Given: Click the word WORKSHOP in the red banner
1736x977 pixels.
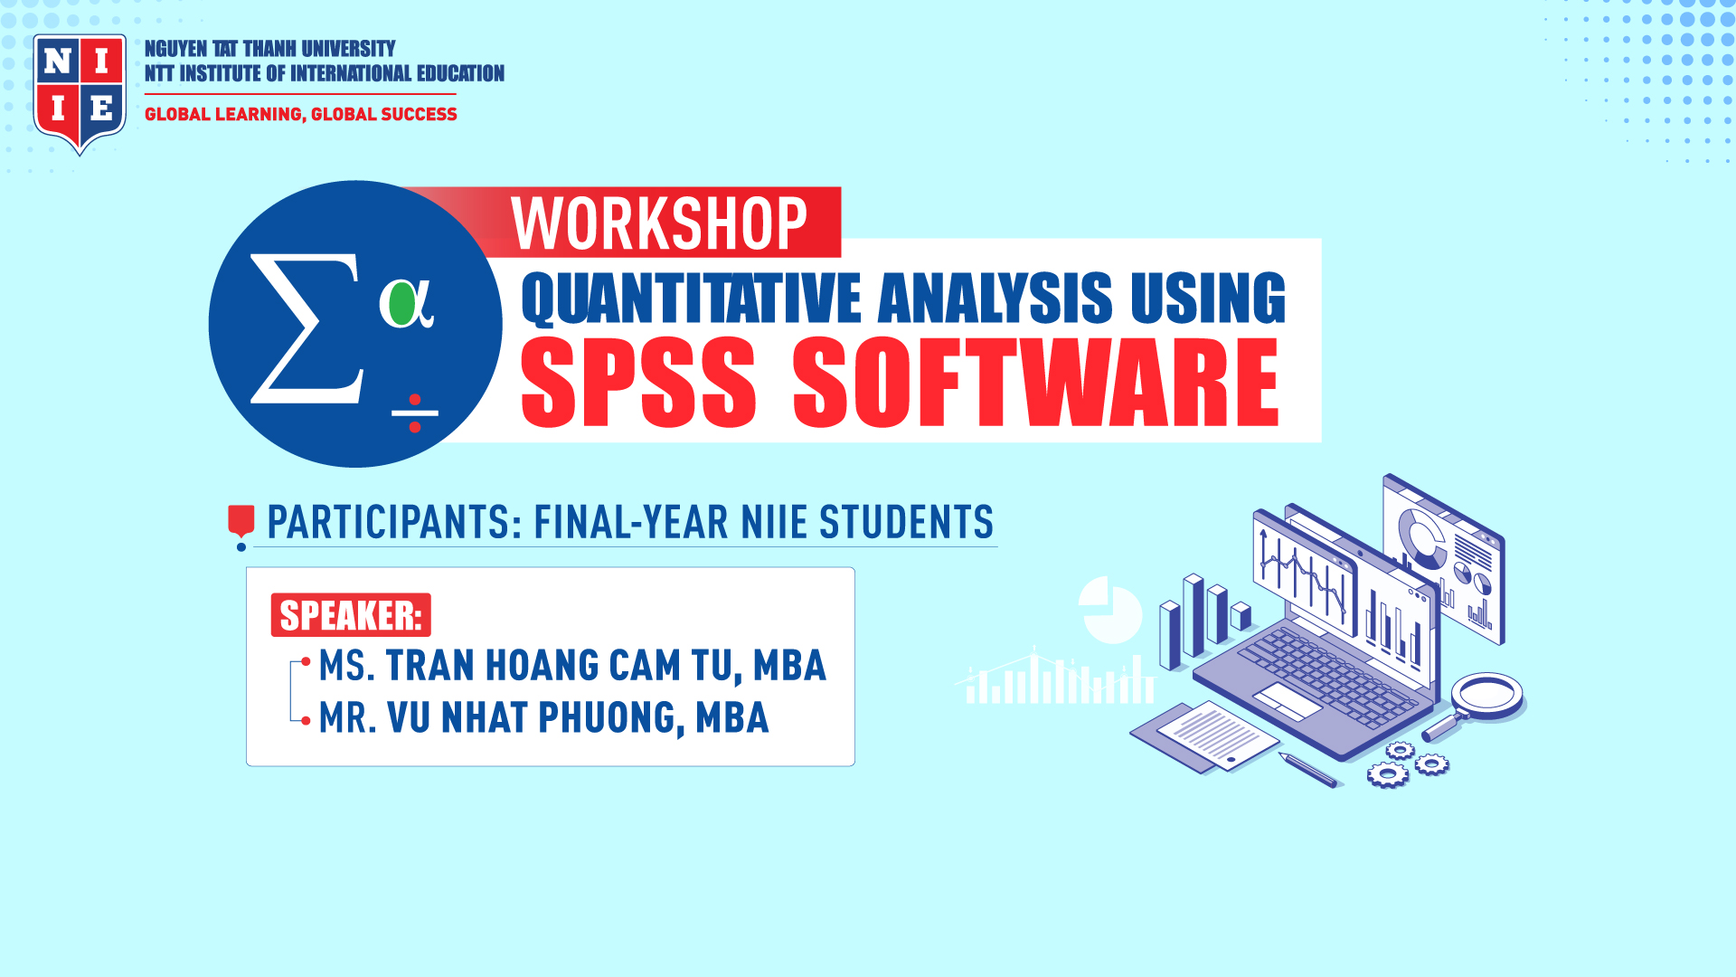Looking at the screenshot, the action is click(x=659, y=223).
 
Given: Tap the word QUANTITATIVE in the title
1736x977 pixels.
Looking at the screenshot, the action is click(x=692, y=299).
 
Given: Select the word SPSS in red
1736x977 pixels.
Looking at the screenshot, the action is click(x=638, y=381).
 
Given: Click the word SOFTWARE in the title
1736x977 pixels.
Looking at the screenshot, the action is click(x=1036, y=381).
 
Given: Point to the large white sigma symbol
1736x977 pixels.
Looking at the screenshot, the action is click(x=306, y=328).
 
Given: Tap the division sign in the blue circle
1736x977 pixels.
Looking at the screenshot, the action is click(x=415, y=413).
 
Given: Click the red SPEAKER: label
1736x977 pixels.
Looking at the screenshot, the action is click(x=351, y=615).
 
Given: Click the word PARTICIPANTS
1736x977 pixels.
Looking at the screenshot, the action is click(x=393, y=523).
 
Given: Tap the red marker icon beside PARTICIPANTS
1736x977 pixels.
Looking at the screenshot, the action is click(x=241, y=526).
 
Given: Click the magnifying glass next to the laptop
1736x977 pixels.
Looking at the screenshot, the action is click(x=1477, y=706).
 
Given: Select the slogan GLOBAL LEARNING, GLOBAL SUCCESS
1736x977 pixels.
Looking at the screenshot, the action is click(x=301, y=114).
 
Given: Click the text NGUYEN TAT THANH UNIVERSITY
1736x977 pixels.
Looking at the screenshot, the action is click(x=270, y=49).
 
